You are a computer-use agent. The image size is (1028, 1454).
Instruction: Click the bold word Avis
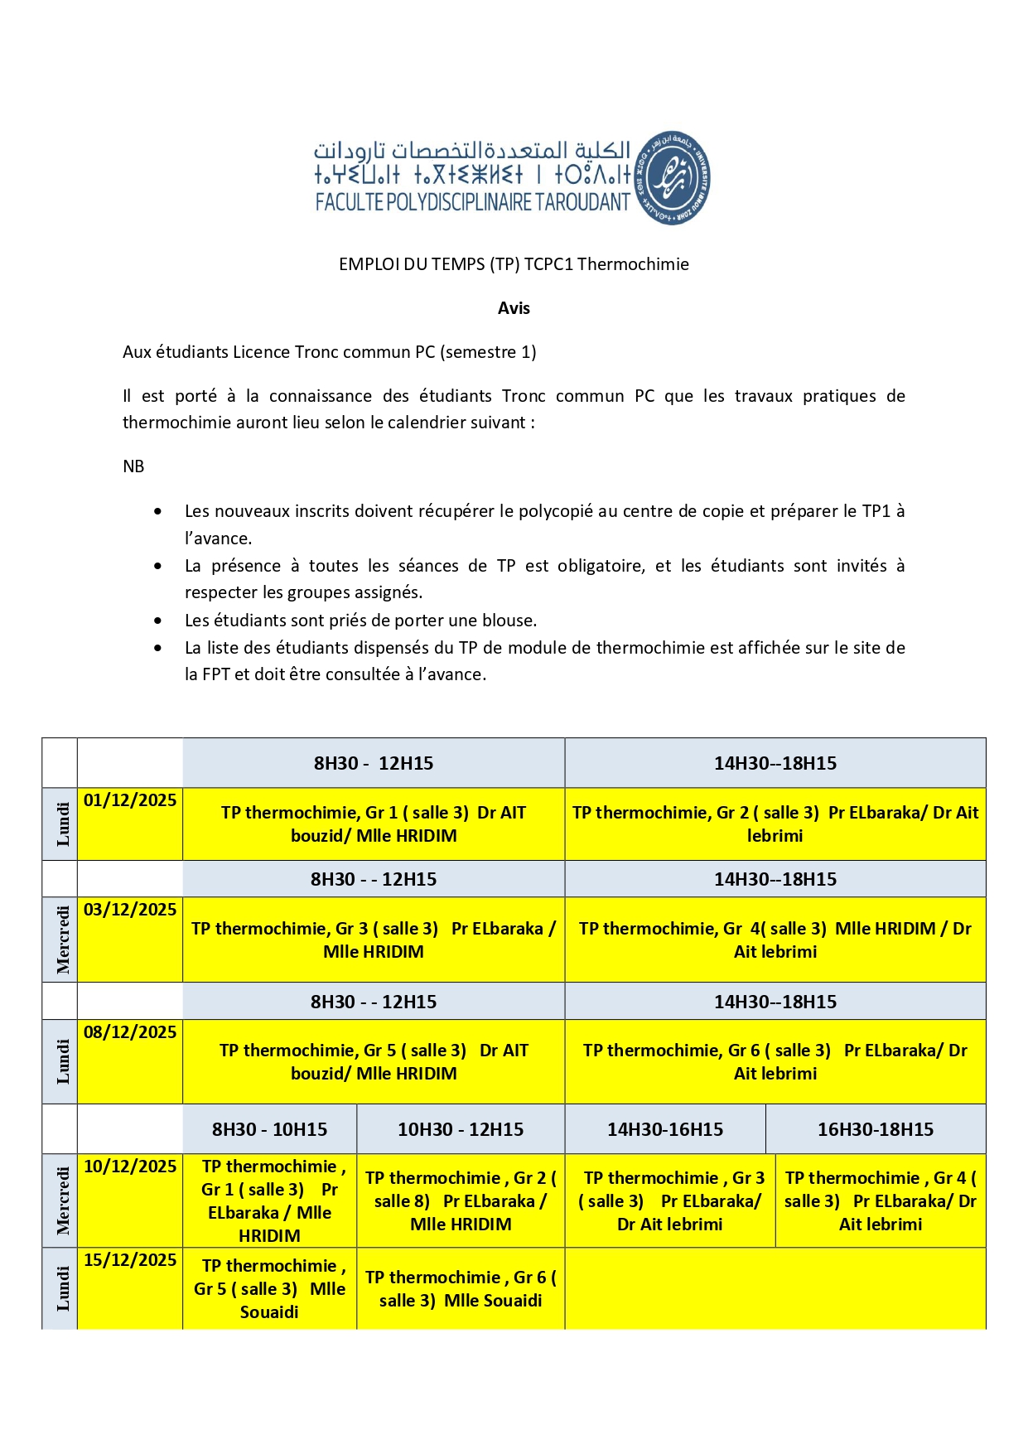514,308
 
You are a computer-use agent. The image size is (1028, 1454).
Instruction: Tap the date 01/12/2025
130,800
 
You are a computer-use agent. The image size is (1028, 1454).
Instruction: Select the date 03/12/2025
130,910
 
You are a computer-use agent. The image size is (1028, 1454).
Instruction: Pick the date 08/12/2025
130,1032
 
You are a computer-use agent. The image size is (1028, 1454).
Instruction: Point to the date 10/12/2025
130,1167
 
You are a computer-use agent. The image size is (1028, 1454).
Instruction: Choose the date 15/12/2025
130,1260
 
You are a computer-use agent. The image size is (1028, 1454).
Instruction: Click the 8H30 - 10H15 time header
269,1129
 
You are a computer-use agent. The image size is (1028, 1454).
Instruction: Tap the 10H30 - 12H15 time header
461,1129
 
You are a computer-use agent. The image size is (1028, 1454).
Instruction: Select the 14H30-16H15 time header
665,1129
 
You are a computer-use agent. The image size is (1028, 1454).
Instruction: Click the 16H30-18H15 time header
876,1129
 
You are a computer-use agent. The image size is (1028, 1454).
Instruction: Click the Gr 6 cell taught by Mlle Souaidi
461,1288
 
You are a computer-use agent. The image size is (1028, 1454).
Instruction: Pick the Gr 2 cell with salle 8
461,1200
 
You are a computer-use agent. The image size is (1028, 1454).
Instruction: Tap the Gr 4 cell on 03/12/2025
775,940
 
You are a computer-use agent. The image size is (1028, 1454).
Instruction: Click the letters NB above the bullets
133,466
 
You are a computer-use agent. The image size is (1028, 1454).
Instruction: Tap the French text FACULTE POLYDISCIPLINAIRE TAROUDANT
473,202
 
